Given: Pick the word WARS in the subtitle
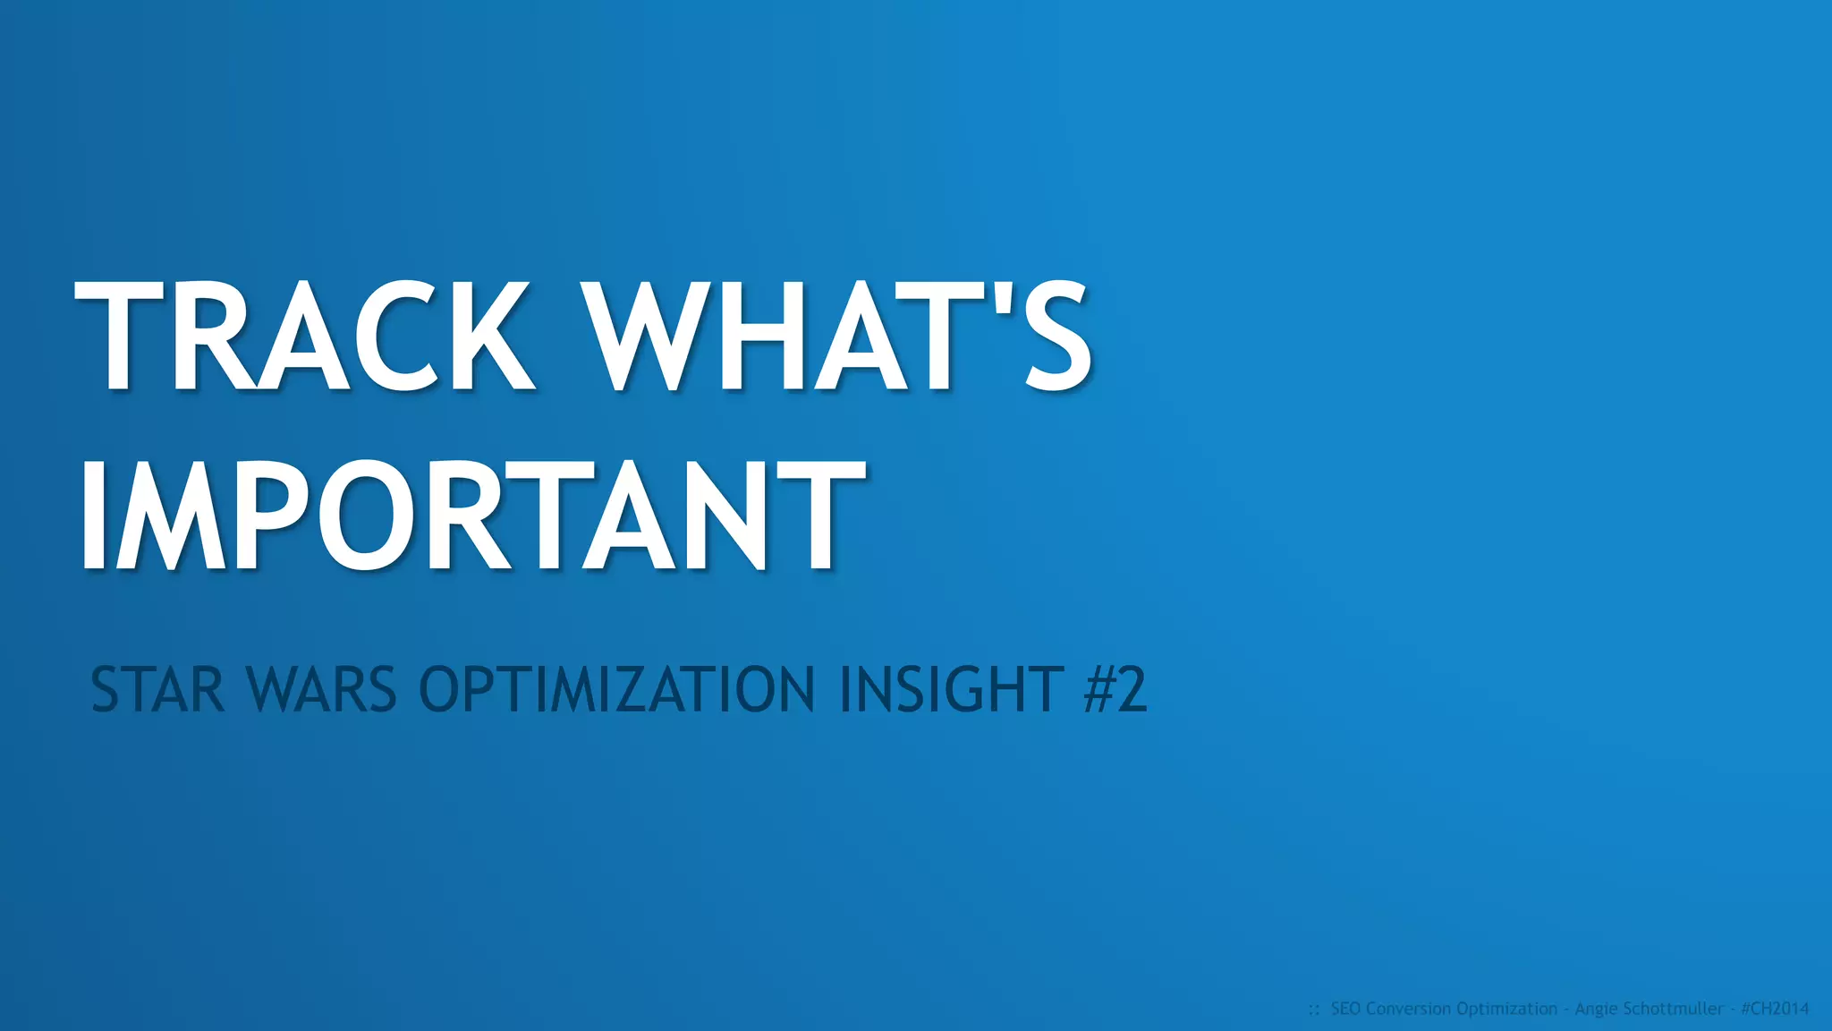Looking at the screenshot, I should tap(321, 690).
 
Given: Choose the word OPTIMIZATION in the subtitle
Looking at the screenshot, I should tap(617, 690).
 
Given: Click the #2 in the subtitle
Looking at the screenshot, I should tap(1115, 690).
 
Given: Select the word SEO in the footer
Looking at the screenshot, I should tap(1346, 1009).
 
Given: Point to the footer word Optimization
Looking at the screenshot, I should tap(1507, 1009).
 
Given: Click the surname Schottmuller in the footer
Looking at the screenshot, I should tap(1672, 1009).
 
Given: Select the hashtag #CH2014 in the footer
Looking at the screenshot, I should tap(1775, 1009).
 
